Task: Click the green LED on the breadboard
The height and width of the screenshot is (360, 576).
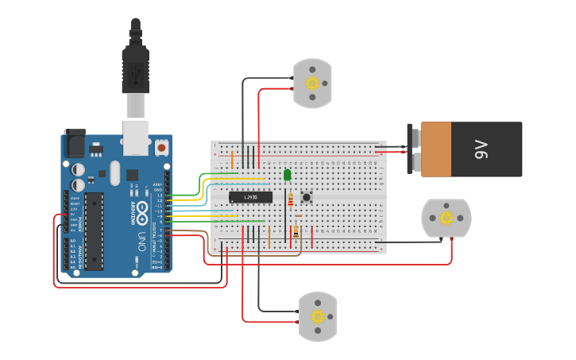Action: [x=287, y=174]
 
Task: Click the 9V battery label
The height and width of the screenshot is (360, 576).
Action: [x=481, y=149]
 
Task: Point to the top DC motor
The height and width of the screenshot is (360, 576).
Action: [x=312, y=83]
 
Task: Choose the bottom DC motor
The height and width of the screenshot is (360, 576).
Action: [x=318, y=316]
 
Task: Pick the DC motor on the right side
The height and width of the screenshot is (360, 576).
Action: [x=446, y=218]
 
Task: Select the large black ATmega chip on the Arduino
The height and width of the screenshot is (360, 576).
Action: [x=94, y=230]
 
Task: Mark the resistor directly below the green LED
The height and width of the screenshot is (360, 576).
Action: [x=289, y=198]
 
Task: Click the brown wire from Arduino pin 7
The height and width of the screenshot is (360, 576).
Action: [x=191, y=230]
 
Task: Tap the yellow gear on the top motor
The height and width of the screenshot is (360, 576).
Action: [x=312, y=83]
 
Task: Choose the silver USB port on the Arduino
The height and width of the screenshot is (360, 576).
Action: [x=136, y=137]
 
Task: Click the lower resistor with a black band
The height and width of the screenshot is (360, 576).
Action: [x=296, y=230]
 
